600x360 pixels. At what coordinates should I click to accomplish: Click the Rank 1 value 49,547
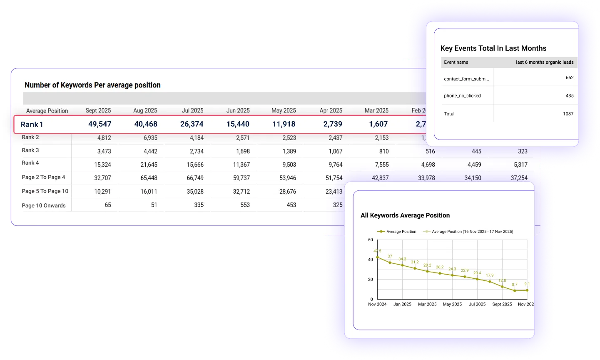click(100, 124)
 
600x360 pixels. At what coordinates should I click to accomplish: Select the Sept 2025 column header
click(98, 110)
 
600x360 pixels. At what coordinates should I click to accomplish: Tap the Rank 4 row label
click(30, 163)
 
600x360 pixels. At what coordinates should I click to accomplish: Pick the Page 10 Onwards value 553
click(245, 205)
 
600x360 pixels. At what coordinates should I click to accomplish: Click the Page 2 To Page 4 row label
click(43, 177)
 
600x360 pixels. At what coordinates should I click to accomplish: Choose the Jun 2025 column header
click(238, 110)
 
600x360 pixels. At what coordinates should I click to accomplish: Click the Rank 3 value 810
click(383, 152)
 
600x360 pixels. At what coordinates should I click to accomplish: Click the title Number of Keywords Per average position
click(92, 85)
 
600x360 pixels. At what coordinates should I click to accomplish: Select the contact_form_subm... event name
click(466, 79)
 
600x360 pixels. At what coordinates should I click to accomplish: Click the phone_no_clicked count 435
click(569, 96)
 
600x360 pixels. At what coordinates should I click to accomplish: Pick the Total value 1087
click(568, 114)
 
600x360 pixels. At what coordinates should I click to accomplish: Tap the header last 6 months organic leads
click(544, 62)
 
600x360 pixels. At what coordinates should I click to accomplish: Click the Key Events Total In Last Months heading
click(493, 48)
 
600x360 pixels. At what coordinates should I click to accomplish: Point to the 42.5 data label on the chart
click(377, 251)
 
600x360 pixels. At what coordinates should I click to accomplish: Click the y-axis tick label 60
click(370, 240)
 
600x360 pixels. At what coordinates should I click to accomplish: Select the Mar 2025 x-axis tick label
click(427, 304)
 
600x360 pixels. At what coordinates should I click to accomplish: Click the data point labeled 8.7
click(515, 290)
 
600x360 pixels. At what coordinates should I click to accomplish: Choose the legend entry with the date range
click(472, 232)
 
